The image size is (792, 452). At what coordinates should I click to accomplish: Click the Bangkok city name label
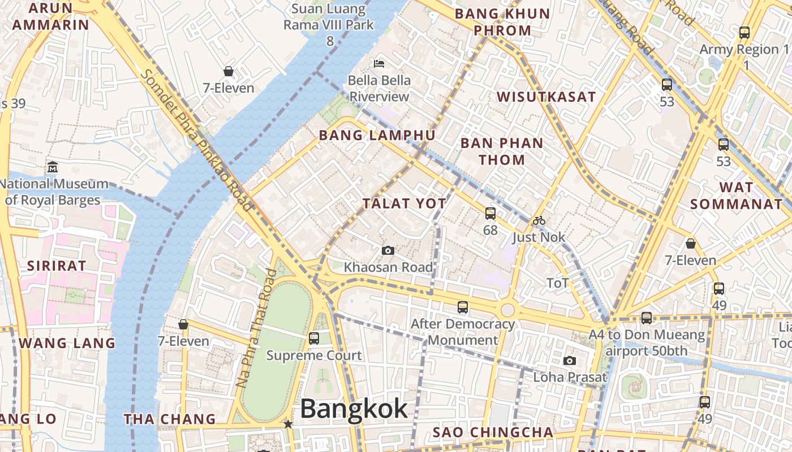click(x=354, y=409)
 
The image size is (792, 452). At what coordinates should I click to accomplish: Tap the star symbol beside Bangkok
click(x=288, y=424)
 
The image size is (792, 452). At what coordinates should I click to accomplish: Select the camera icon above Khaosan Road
click(x=388, y=250)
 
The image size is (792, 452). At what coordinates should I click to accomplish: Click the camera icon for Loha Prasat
click(x=570, y=360)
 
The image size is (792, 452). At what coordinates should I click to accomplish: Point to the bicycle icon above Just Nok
click(x=539, y=220)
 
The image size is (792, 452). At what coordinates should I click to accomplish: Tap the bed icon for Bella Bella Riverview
click(x=379, y=63)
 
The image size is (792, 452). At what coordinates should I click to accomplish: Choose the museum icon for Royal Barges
click(x=53, y=167)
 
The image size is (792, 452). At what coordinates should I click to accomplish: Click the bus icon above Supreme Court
click(x=314, y=338)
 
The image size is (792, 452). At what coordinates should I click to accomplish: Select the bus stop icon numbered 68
click(x=490, y=214)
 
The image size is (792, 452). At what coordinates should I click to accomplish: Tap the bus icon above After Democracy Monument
click(x=463, y=307)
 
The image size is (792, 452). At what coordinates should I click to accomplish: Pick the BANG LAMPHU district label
click(x=377, y=136)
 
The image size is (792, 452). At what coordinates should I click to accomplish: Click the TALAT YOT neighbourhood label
click(x=404, y=203)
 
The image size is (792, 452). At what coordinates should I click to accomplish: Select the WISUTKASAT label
click(x=546, y=97)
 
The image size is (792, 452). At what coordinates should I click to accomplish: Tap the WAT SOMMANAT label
click(x=736, y=195)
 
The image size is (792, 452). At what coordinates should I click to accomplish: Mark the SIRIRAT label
click(x=57, y=266)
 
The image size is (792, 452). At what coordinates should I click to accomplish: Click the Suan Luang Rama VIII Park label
click(x=329, y=25)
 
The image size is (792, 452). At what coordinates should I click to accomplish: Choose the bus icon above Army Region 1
click(x=744, y=33)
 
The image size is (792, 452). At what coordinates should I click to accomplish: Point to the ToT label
click(x=557, y=282)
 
